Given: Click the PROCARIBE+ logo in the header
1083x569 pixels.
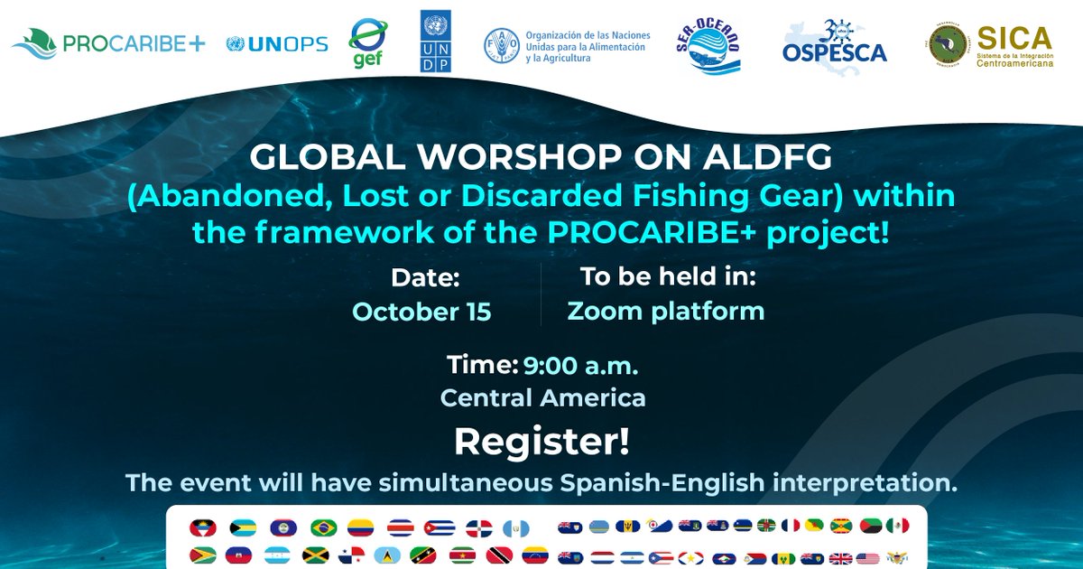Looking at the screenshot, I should (108, 42).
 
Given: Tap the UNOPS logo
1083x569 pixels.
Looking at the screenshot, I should (277, 42).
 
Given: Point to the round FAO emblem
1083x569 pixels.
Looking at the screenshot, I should (501, 43).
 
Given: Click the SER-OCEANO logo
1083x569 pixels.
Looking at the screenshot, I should (708, 45).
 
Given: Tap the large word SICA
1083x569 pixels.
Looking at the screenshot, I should (1015, 38).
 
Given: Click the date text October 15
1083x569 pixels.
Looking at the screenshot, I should (421, 312).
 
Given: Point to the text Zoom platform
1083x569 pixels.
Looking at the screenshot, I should (666, 312).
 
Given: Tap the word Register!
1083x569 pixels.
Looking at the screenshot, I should (541, 442).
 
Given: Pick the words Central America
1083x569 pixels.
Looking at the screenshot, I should (542, 397).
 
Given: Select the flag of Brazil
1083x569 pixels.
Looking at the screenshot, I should (323, 527).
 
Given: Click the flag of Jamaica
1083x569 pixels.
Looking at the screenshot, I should (315, 555).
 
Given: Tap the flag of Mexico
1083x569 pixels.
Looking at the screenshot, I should (897, 526).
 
